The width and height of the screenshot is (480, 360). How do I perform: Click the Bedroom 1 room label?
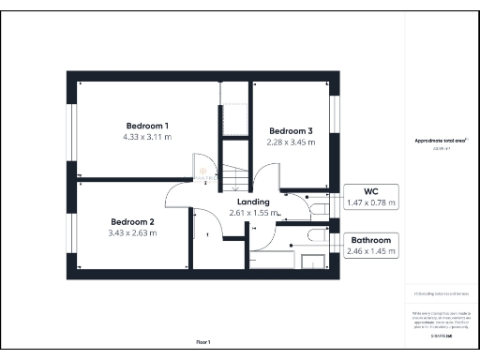click(147, 126)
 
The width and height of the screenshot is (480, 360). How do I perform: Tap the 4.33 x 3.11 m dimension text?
click(147, 137)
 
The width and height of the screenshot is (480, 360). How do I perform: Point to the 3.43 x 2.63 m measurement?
click(133, 233)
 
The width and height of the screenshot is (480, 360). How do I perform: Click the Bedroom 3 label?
click(291, 130)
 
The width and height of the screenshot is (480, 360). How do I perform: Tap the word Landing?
click(253, 202)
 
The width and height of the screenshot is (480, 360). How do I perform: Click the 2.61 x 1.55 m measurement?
click(255, 213)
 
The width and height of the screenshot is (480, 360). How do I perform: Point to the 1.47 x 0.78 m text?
click(372, 202)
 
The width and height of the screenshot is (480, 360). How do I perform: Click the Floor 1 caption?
click(203, 341)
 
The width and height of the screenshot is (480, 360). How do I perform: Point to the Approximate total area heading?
click(441, 141)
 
